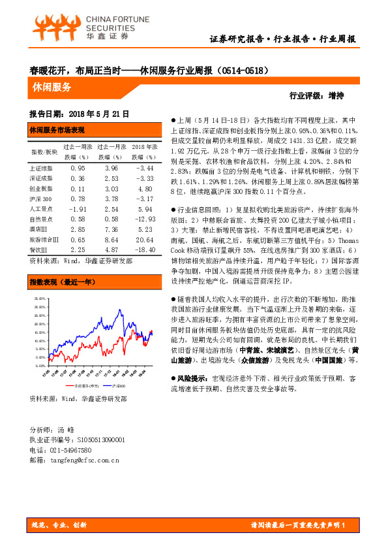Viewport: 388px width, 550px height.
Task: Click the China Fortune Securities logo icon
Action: [x=51, y=27]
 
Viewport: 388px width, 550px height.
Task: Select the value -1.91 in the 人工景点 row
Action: [x=77, y=209]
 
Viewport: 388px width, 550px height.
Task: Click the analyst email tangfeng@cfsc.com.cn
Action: [x=85, y=461]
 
